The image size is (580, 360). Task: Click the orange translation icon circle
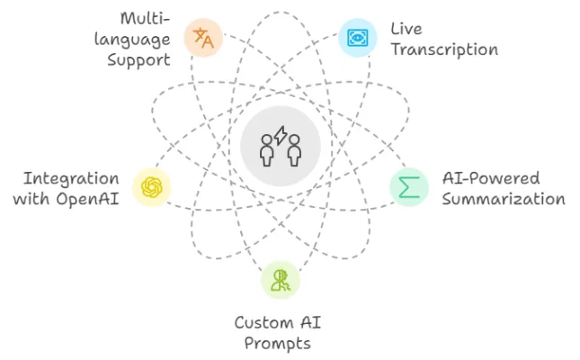(x=204, y=38)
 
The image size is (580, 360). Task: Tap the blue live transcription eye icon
(x=357, y=38)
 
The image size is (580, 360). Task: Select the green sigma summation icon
(x=409, y=186)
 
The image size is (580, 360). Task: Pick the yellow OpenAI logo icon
(x=152, y=187)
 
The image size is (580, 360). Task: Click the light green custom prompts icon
(x=281, y=280)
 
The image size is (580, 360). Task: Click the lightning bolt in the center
(x=281, y=137)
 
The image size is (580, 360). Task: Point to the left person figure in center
(x=267, y=151)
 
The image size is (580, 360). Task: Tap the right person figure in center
(x=294, y=151)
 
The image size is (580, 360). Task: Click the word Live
(x=406, y=30)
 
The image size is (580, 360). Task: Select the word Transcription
(x=444, y=49)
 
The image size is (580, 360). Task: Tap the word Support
(x=138, y=60)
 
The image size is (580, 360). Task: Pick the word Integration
(x=71, y=177)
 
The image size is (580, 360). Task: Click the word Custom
(x=264, y=322)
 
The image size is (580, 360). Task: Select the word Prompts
(x=280, y=343)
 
